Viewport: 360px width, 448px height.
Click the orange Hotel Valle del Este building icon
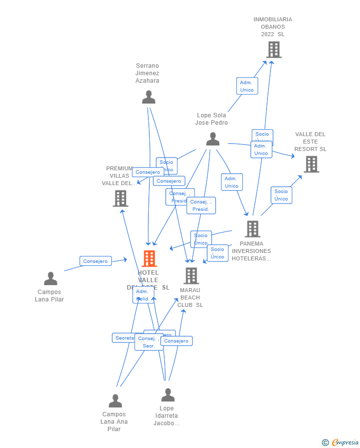click(149, 258)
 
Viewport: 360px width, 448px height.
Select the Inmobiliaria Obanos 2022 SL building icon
click(273, 50)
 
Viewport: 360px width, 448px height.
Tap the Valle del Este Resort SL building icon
click(311, 164)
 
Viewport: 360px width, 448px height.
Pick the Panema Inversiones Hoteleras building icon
click(252, 229)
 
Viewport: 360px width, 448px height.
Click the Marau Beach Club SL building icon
click(191, 276)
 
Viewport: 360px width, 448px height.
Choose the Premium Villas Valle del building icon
click(120, 199)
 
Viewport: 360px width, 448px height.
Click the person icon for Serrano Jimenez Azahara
click(148, 97)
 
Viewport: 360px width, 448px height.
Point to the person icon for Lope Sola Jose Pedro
click(213, 139)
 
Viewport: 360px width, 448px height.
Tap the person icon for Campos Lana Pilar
click(50, 279)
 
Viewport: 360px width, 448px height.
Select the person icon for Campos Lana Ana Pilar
click(115, 401)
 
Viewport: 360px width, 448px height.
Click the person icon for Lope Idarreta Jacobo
click(168, 395)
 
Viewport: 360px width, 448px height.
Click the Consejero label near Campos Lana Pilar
click(95, 261)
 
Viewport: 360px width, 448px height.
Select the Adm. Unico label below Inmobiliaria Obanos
click(247, 86)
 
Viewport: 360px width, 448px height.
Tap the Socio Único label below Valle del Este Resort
click(281, 195)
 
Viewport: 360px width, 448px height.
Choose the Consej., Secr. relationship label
click(148, 342)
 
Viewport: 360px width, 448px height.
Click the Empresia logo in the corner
click(345, 442)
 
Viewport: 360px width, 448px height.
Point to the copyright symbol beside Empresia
click(325, 443)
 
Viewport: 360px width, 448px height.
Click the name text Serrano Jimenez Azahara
click(147, 73)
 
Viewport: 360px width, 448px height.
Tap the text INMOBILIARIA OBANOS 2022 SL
click(273, 27)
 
